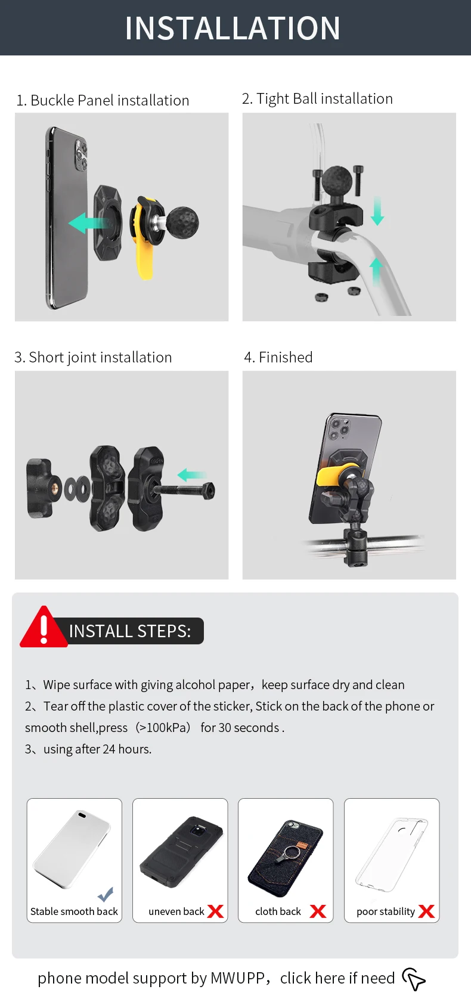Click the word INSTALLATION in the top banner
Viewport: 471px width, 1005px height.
point(233,28)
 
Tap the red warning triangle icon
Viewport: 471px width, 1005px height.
point(44,627)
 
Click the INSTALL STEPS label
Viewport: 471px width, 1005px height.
point(129,631)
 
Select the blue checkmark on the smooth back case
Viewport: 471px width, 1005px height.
point(106,894)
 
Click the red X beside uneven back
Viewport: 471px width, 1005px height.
point(216,911)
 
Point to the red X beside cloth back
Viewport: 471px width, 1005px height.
point(318,911)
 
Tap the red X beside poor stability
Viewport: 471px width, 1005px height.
point(427,911)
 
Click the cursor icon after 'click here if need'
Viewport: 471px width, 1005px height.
point(414,979)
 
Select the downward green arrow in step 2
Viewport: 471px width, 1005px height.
point(377,210)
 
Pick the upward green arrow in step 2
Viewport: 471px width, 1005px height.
point(376,272)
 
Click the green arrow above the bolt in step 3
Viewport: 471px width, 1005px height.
point(192,474)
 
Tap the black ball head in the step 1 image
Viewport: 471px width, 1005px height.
point(182,222)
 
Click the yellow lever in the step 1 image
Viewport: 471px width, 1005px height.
point(144,242)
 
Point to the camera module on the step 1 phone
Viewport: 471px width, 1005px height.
point(81,155)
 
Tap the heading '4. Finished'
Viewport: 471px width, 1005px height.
point(278,357)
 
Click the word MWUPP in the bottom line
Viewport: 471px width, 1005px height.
point(238,978)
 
